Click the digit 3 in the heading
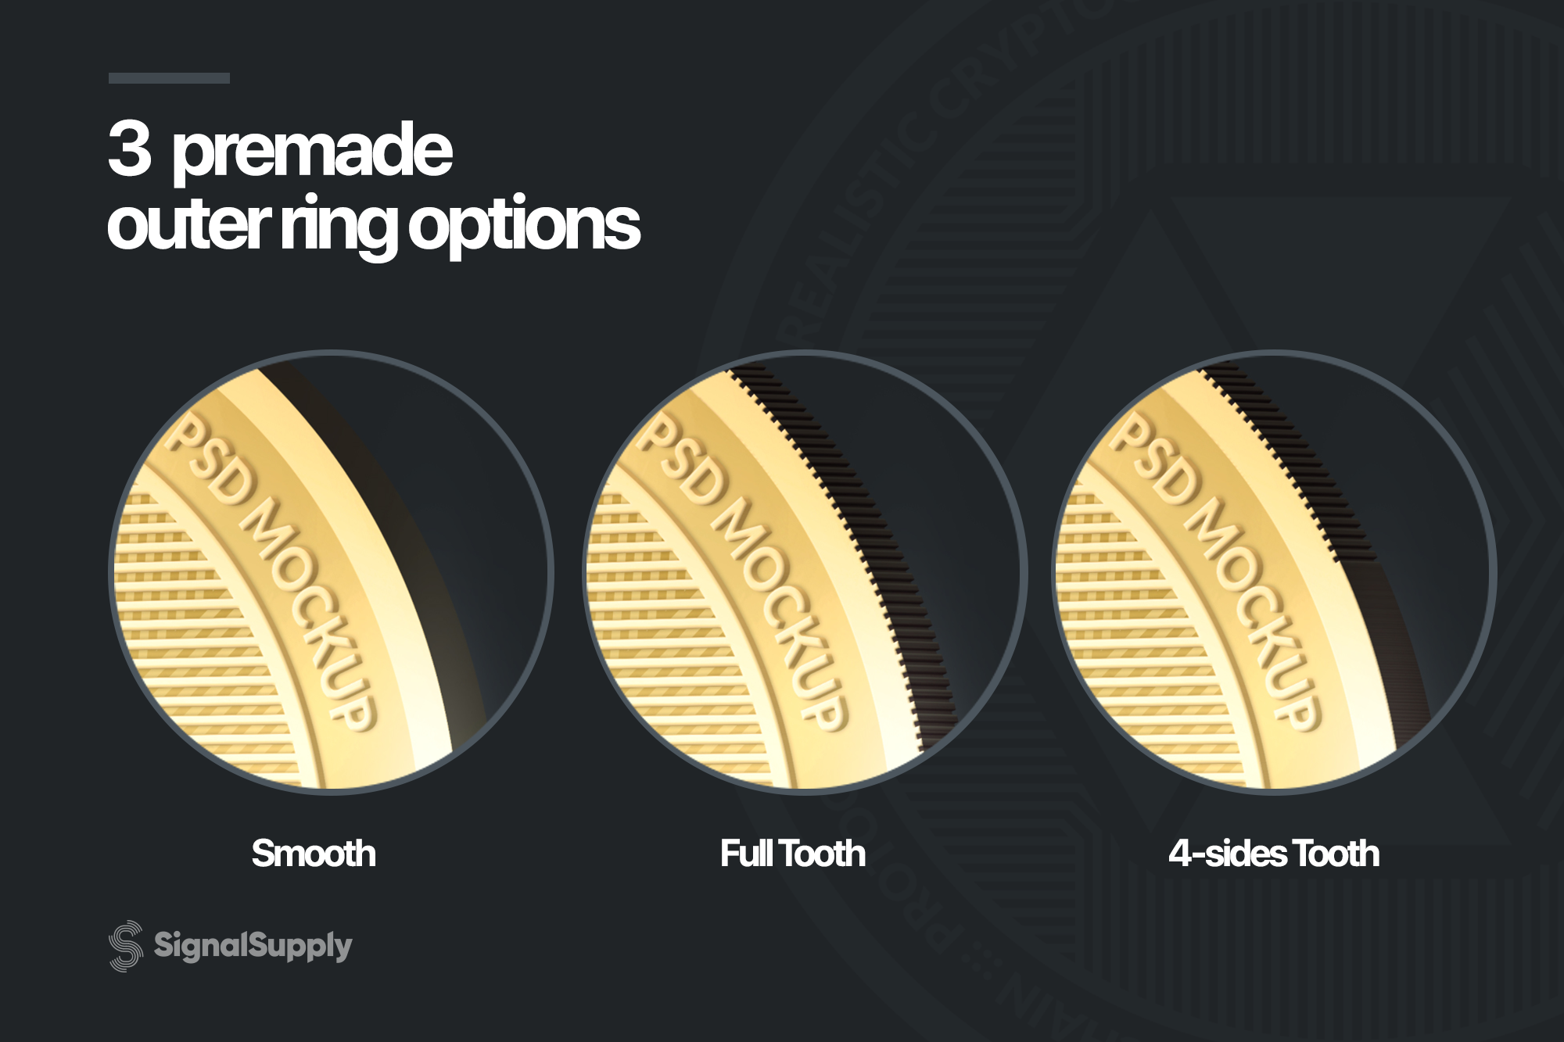[x=130, y=149]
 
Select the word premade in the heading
[x=312, y=152]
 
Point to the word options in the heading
[x=524, y=227]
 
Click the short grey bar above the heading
[x=169, y=78]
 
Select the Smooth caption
[x=314, y=854]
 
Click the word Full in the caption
[x=747, y=854]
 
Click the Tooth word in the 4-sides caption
[x=1336, y=854]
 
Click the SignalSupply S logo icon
[x=126, y=946]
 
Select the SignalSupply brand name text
[x=253, y=946]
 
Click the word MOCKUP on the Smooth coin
[x=313, y=610]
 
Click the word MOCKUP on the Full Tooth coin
[x=783, y=610]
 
